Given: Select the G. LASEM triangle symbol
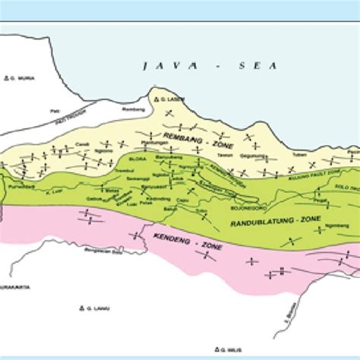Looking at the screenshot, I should pyautogui.click(x=155, y=99).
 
